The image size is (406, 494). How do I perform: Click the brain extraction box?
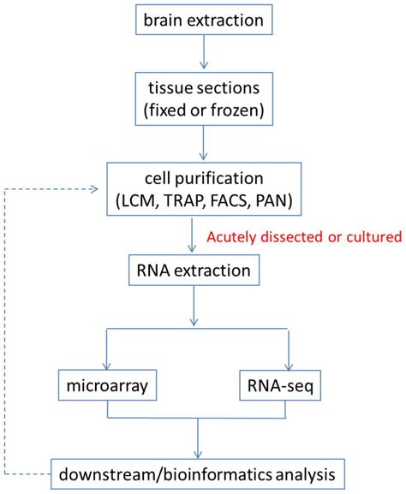(x=203, y=20)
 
